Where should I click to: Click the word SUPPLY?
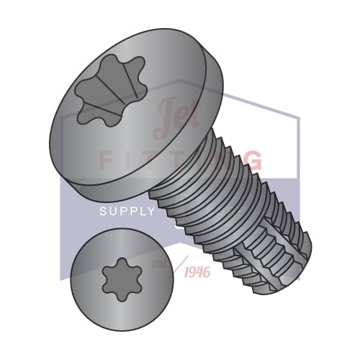coord(127,212)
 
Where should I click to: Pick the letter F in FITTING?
coord(105,160)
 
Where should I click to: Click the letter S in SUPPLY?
coord(103,212)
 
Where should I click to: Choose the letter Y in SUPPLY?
coord(151,212)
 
